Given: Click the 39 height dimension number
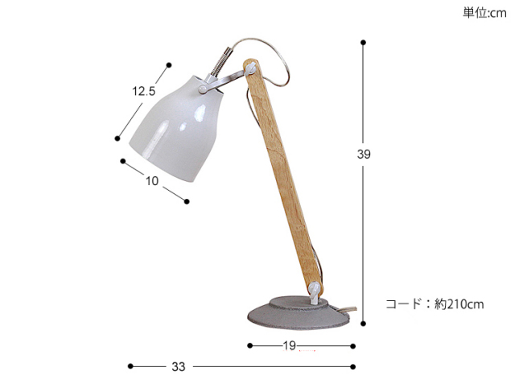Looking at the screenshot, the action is click(364, 154).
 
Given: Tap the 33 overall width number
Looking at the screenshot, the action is click(179, 366).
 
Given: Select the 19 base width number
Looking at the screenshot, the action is click(290, 345).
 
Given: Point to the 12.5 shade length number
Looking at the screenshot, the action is click(143, 91).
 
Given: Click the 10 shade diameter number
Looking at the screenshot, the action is click(152, 180).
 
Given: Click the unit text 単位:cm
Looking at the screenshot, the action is click(484, 13).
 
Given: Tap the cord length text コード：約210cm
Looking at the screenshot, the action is click(435, 304).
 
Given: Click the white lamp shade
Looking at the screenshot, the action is click(175, 128).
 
